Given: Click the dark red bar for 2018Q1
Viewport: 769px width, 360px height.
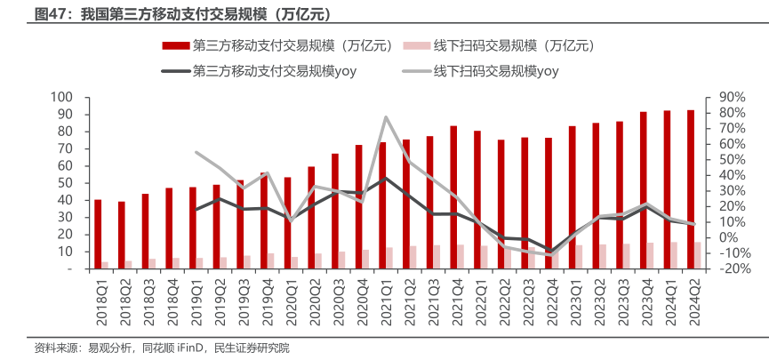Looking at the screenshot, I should tap(98, 234).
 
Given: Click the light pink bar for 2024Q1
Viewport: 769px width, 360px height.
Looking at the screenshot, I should tap(674, 255).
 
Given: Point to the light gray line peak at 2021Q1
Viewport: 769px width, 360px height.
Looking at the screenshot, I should tap(386, 116).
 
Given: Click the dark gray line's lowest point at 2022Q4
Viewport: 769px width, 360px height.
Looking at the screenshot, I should tap(551, 252).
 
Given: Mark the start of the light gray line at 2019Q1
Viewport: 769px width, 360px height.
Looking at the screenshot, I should tap(196, 152).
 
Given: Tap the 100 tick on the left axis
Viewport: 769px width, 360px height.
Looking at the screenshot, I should tap(61, 97).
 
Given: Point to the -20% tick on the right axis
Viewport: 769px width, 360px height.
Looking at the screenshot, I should tap(718, 268).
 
